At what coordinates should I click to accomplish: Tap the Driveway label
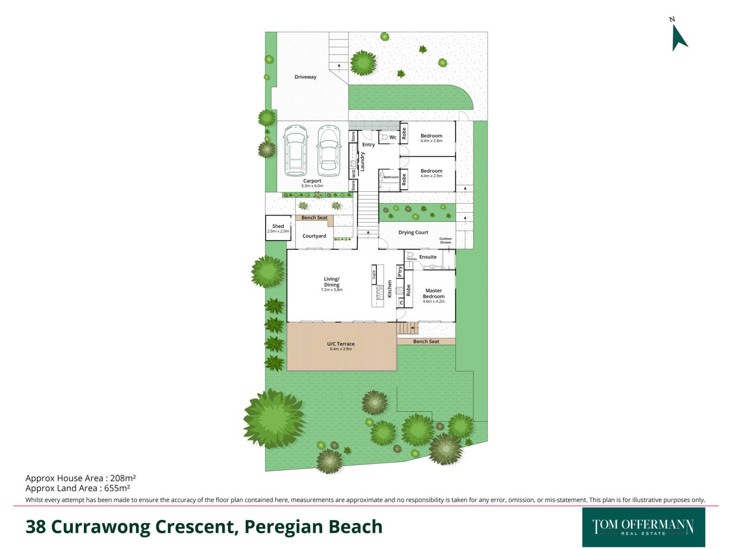(305, 77)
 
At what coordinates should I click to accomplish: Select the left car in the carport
(295, 151)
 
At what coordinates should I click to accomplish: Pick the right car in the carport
(329, 151)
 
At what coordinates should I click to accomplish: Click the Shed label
(278, 226)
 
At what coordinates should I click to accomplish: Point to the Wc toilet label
(393, 137)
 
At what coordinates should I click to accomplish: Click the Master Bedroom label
(433, 294)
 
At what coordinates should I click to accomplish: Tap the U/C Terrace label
(341, 344)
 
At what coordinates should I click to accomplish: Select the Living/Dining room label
(332, 282)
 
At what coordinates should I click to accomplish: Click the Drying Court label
(413, 233)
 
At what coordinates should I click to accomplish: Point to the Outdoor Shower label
(445, 241)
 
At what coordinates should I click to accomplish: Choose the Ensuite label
(428, 257)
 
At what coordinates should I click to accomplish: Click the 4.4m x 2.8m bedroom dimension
(432, 141)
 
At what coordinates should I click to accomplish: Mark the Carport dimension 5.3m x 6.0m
(312, 186)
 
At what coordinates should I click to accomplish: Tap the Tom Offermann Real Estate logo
(644, 527)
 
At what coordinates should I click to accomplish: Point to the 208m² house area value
(123, 478)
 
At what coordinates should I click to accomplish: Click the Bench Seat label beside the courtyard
(315, 218)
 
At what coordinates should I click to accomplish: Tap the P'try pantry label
(400, 271)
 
